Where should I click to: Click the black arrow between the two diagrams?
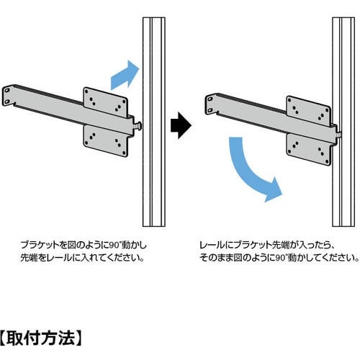tap(181, 125)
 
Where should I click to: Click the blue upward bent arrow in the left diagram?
tap(125, 76)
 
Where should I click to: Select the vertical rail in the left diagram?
tap(154, 122)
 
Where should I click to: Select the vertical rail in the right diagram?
tap(343, 122)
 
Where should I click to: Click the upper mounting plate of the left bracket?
tap(105, 102)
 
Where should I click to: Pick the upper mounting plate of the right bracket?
tap(309, 111)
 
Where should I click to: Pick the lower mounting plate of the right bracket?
tap(309, 150)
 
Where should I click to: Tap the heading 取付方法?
tap(41, 338)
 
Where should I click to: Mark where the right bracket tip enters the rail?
tap(338, 135)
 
